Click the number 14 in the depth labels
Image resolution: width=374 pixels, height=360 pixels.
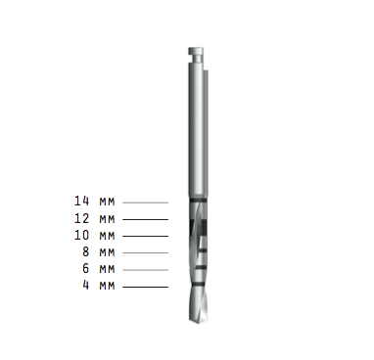(81, 201)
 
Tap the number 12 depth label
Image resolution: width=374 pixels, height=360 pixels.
(81, 218)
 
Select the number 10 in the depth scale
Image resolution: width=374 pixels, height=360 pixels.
(81, 235)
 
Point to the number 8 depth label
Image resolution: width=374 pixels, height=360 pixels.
(85, 251)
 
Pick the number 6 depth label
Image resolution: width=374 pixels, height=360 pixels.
(85, 268)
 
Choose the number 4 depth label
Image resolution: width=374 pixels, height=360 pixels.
(85, 285)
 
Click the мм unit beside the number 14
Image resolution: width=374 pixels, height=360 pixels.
(108, 202)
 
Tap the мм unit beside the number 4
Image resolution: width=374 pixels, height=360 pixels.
(108, 286)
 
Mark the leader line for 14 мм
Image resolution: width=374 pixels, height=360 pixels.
(145, 202)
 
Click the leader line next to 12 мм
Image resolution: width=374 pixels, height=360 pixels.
(145, 219)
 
